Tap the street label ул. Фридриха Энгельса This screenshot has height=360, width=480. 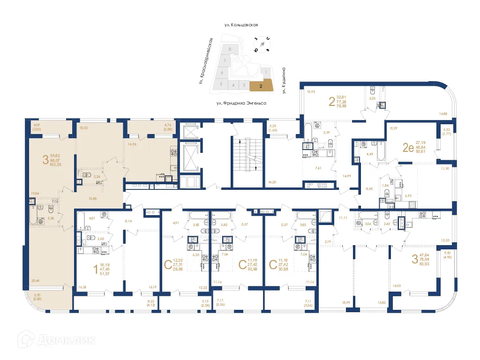pyautogui.click(x=241, y=102)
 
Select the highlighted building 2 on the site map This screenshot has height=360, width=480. pyautogui.click(x=261, y=85)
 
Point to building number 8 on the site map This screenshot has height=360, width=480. pyautogui.click(x=229, y=49)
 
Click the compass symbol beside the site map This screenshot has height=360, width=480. pyautogui.click(x=262, y=43)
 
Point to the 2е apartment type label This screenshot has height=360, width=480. pyautogui.click(x=408, y=148)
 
